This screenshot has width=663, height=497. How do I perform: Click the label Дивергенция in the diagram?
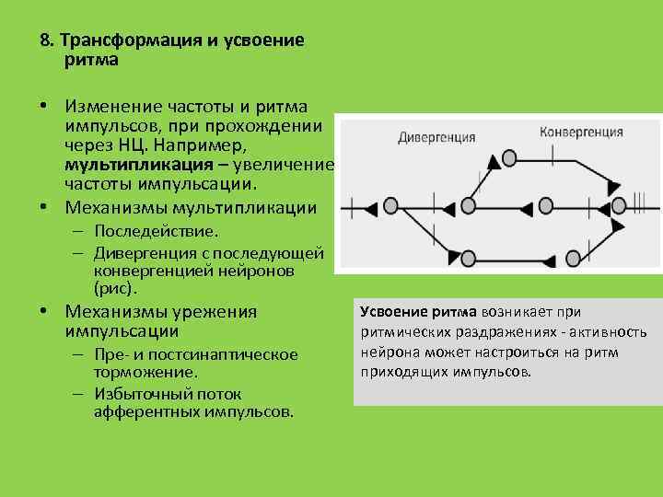(436, 137)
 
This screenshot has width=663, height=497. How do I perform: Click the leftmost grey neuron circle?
(391, 206)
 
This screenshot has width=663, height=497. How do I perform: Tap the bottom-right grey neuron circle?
(573, 257)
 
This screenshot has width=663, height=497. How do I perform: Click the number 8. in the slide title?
(48, 41)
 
